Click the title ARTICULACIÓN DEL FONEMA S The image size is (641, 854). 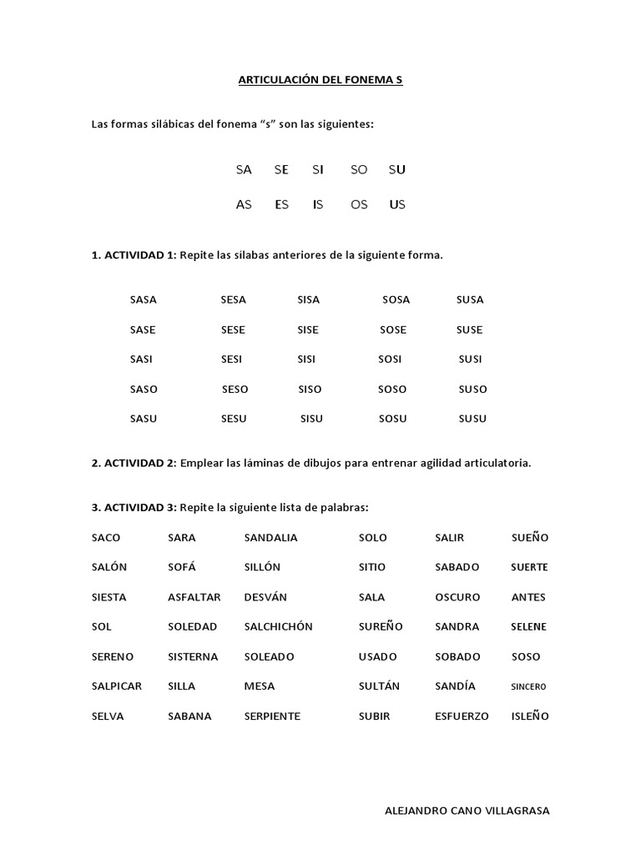320,81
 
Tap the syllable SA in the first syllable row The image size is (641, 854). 244,169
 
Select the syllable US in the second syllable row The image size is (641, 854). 397,204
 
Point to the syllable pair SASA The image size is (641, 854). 144,299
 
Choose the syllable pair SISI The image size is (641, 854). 308,359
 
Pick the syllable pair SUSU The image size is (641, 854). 472,419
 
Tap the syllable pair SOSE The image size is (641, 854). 393,329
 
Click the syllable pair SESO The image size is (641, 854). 235,389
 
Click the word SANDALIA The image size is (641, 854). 270,538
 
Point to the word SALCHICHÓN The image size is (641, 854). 278,627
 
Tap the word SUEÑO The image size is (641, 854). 530,538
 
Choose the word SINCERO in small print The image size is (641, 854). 528,687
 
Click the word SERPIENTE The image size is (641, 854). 272,716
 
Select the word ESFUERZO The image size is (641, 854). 462,716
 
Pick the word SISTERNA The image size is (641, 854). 193,657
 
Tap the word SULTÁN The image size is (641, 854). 379,686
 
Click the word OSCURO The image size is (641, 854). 457,597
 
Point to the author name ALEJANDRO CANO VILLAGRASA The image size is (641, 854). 467,811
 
